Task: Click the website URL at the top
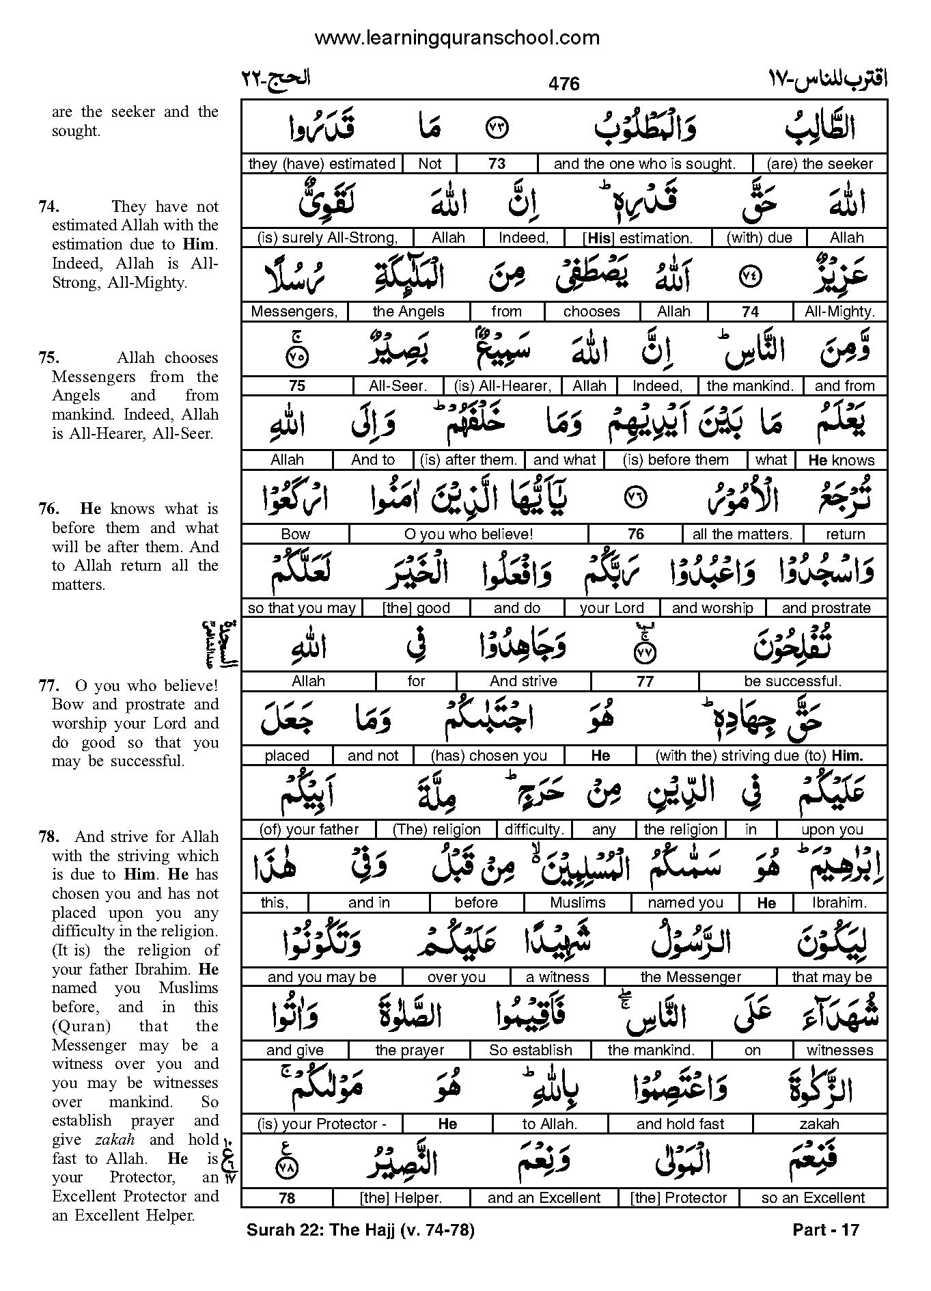point(457,38)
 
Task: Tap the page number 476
point(564,84)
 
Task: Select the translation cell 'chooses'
point(592,312)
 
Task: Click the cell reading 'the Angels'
point(408,312)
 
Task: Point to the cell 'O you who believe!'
point(468,534)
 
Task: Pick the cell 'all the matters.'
point(742,534)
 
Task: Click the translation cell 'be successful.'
point(793,681)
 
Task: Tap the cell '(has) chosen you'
point(489,756)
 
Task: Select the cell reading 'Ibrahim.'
point(839,903)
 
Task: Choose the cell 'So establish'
point(531,1050)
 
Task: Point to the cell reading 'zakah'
point(819,1124)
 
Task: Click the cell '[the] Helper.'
point(401,1198)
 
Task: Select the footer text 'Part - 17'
point(826,1230)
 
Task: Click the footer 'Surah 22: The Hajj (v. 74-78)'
point(361,1230)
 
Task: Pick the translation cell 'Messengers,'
point(294,312)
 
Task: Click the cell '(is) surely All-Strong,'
point(328,238)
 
